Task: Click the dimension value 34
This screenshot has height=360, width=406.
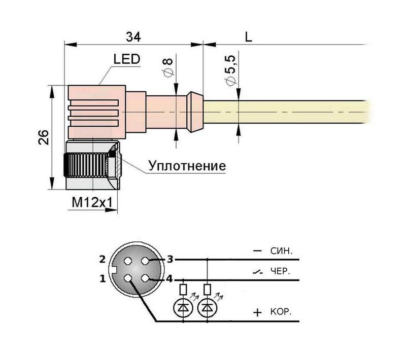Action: click(133, 37)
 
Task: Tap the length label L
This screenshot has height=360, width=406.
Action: click(248, 37)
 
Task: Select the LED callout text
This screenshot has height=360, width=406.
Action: click(126, 60)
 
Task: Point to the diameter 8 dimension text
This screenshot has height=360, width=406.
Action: click(168, 67)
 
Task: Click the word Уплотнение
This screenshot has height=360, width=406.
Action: click(187, 166)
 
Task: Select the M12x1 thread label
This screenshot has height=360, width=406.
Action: click(91, 202)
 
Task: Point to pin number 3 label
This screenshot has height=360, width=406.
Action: click(171, 260)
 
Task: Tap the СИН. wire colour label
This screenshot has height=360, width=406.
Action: click(283, 251)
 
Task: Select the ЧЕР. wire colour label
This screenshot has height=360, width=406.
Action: click(281, 271)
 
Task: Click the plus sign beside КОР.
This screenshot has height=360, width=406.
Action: click(258, 313)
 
